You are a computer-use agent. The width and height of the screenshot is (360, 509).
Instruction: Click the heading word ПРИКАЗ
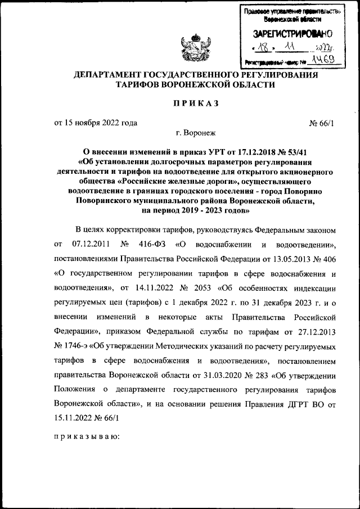click(195, 103)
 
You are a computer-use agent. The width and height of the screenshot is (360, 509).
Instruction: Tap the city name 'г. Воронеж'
click(195, 133)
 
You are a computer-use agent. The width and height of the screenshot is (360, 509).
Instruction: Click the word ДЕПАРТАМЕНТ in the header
click(108, 75)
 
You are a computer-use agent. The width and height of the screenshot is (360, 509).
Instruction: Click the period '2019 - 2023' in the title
click(193, 210)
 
